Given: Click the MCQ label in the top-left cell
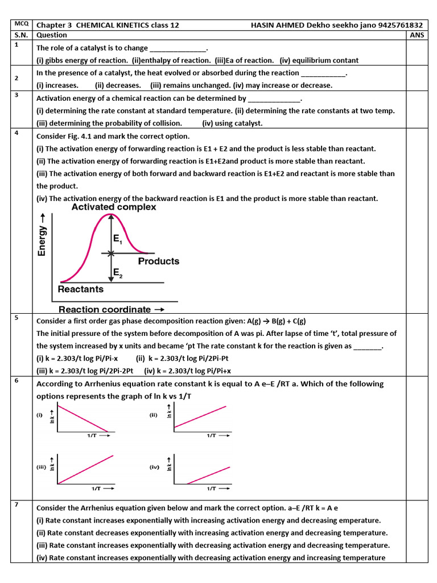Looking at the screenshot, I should [20, 25].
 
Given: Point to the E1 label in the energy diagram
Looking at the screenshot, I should [118, 241].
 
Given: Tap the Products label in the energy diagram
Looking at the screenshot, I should [159, 261].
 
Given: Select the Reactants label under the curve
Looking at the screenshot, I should [81, 289].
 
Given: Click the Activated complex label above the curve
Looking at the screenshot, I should [114, 207].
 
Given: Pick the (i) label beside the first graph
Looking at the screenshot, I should [40, 415].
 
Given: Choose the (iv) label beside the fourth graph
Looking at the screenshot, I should [155, 467].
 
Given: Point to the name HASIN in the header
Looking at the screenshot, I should [262, 26].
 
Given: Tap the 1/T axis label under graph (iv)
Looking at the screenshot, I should [211, 488].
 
